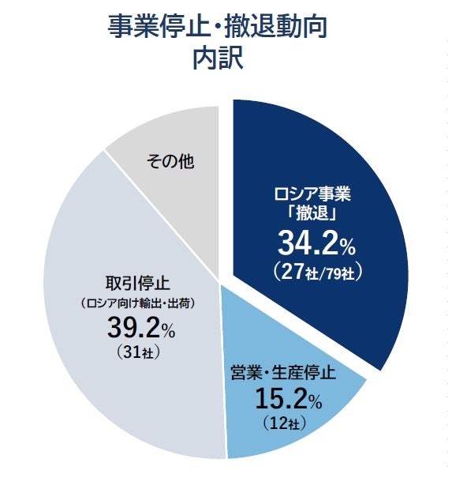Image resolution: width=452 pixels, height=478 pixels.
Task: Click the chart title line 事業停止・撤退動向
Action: click(x=217, y=26)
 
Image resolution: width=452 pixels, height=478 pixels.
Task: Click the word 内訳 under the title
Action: click(x=217, y=60)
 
